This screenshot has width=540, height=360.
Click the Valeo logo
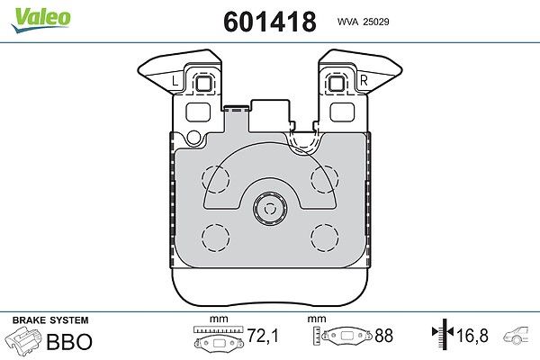pos(41,20)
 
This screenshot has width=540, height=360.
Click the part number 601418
pos(270,22)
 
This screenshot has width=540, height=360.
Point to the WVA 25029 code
pos(364,22)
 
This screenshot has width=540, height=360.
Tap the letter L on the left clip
pos(175,81)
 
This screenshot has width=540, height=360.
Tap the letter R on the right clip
pos(364,81)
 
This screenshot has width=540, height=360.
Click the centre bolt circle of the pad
pos(270,208)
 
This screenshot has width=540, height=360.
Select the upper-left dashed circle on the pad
pos(216,179)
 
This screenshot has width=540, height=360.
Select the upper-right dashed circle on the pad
pos(324,179)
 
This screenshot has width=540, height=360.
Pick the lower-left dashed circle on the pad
pos(216,238)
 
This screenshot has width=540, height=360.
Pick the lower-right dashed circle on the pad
pos(324,238)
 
